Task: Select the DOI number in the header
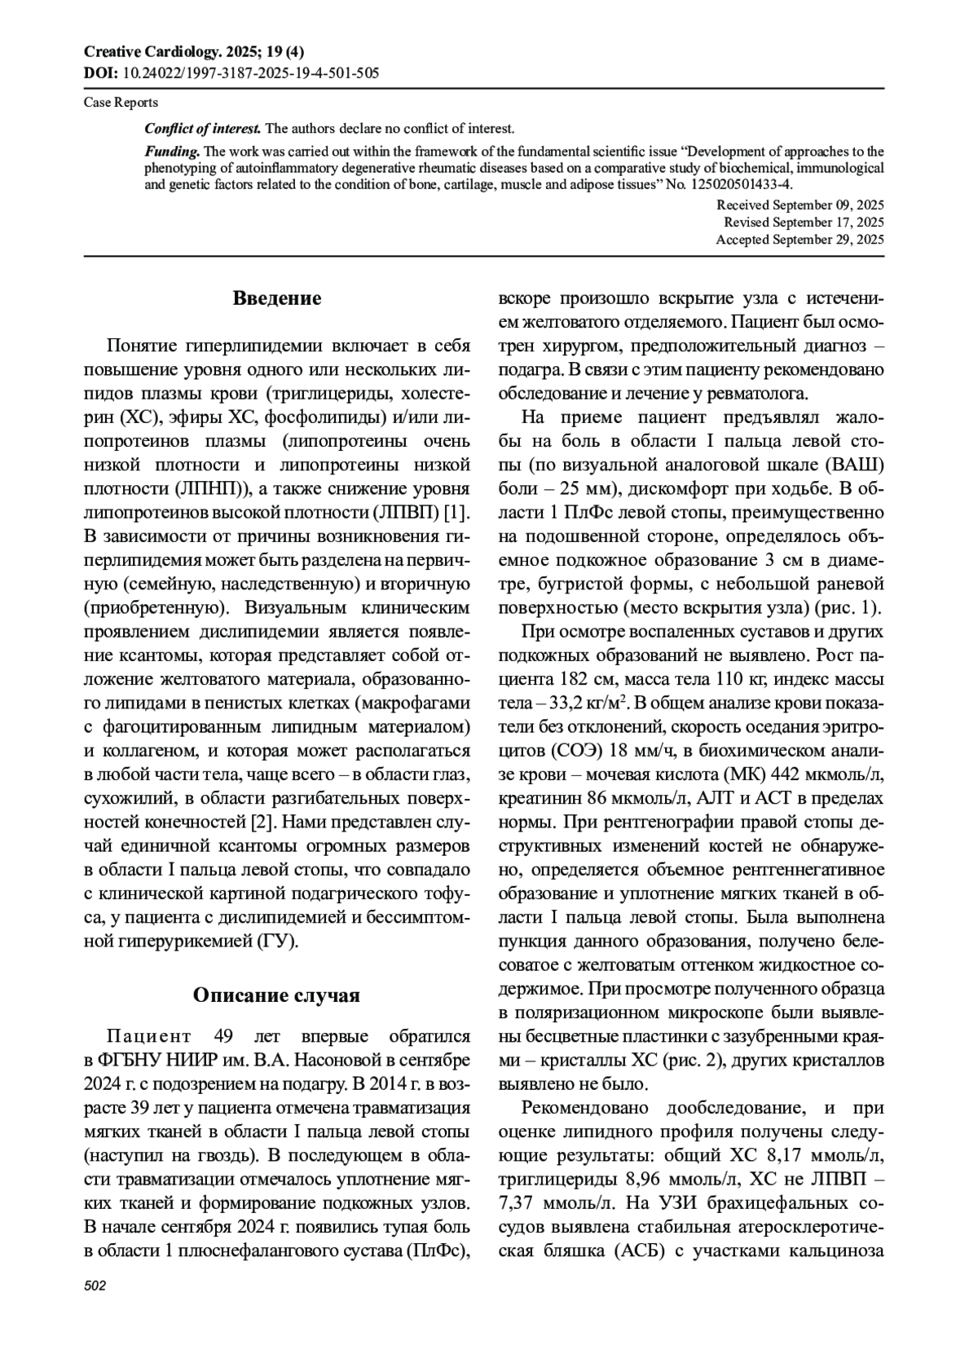point(249,73)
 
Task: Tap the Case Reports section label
point(121,103)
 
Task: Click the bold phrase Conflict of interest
point(203,128)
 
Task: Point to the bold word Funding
point(172,152)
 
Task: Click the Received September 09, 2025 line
point(800,205)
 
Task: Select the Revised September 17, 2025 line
point(804,222)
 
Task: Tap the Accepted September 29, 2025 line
point(800,240)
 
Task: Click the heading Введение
point(277,298)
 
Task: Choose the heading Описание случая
point(276,995)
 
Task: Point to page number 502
point(95,1286)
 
